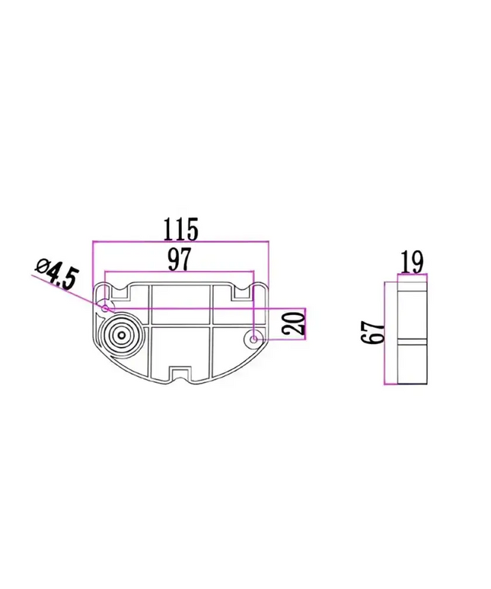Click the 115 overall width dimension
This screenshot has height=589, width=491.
[180, 227]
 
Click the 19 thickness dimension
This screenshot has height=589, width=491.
[412, 263]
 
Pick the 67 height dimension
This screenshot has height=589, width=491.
[374, 333]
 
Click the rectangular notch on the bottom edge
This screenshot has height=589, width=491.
[180, 372]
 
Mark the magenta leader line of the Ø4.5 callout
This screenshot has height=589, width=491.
[72, 291]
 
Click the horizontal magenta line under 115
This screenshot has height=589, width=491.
[180, 241]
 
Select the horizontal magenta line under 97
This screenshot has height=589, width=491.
[179, 272]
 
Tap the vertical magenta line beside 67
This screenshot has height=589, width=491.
[387, 333]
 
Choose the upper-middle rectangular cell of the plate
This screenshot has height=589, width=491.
[180, 296]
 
